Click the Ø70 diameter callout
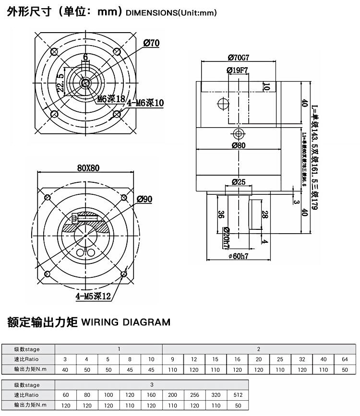click(x=151, y=43)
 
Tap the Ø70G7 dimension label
click(x=238, y=58)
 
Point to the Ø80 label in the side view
click(x=238, y=145)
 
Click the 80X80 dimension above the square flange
click(x=88, y=168)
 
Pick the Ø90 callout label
click(x=144, y=199)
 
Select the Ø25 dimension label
click(x=238, y=182)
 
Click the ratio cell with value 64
click(x=345, y=359)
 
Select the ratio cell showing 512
click(x=238, y=395)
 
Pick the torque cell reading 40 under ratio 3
click(x=65, y=369)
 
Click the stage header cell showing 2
click(x=259, y=349)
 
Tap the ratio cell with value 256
click(x=195, y=395)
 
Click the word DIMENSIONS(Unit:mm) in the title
click(x=171, y=13)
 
